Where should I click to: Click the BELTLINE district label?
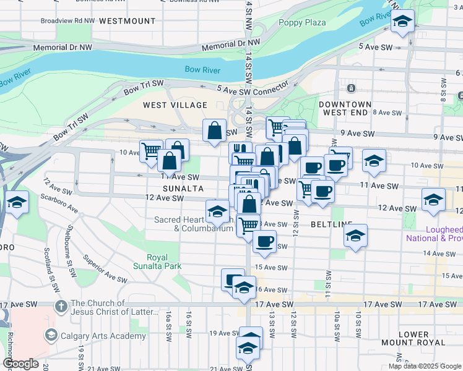pyautogui.click(x=332, y=223)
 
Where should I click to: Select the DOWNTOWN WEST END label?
pyautogui.click(x=345, y=109)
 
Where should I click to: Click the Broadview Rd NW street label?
pyautogui.click(x=68, y=20)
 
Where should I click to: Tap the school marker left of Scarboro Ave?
pyautogui.click(x=17, y=202)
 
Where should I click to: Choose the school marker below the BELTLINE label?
pyautogui.click(x=355, y=236)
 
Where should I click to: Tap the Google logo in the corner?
pyautogui.click(x=21, y=364)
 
